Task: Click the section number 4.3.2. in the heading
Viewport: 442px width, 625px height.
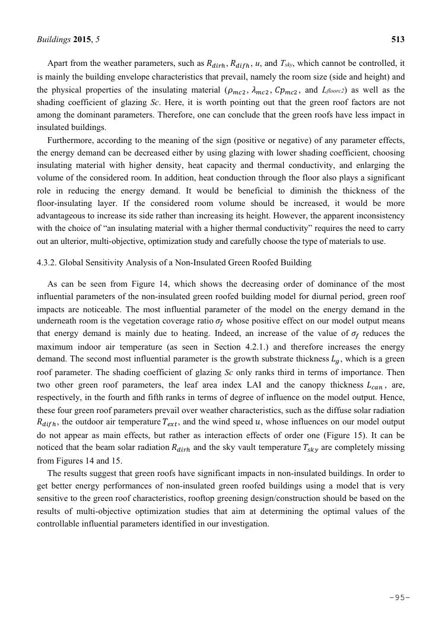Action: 49,262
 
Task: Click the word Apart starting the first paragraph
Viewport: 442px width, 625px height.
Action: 58,62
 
